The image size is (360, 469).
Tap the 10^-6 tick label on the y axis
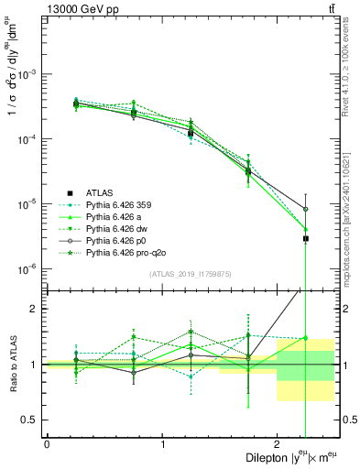(x=30, y=269)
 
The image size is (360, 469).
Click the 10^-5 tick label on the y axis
(x=30, y=204)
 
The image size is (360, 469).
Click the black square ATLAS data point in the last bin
(x=306, y=238)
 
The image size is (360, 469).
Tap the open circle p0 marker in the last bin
(x=306, y=210)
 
